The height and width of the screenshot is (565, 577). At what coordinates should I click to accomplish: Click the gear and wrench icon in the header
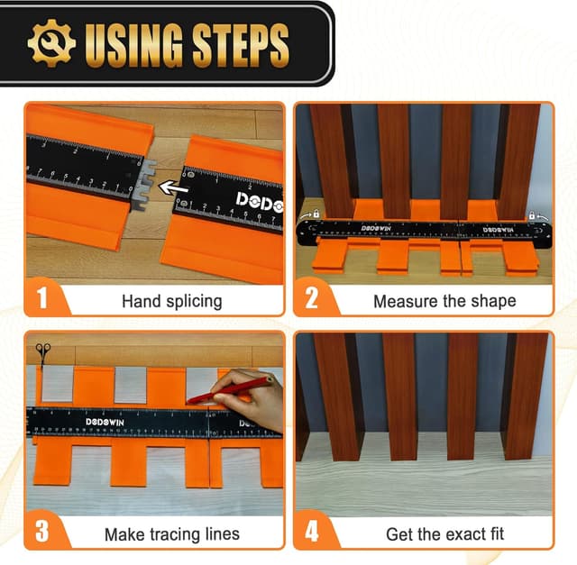[51, 42]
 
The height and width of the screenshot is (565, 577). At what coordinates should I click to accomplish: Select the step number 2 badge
[312, 298]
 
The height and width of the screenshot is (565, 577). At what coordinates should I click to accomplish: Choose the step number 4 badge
[312, 532]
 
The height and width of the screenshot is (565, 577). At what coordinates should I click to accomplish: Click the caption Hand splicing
[171, 301]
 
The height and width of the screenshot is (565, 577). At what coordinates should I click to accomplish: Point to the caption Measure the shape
[444, 301]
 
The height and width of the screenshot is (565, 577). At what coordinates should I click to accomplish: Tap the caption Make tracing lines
[171, 534]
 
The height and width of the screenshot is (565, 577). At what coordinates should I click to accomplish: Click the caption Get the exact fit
[444, 534]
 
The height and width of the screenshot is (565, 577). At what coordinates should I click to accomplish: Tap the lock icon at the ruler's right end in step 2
[533, 216]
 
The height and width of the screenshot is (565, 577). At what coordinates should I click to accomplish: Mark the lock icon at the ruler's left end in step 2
[316, 215]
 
